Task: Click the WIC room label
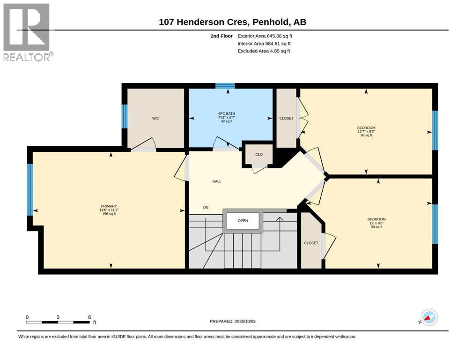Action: [155, 118]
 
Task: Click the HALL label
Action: [217, 181]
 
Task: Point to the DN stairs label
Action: [206, 208]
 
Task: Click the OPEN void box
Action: [243, 221]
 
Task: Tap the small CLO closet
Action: [259, 154]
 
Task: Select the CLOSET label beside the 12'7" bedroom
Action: [287, 118]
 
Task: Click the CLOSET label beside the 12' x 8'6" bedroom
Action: [311, 243]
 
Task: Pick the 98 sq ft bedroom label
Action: [366, 131]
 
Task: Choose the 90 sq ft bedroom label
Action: [376, 223]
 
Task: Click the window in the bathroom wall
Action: [225, 86]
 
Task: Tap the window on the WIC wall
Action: [125, 116]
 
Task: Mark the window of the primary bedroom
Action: [30, 190]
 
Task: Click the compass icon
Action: [429, 317]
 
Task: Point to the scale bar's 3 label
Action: [58, 317]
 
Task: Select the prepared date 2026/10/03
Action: [245, 322]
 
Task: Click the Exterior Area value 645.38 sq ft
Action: [280, 36]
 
